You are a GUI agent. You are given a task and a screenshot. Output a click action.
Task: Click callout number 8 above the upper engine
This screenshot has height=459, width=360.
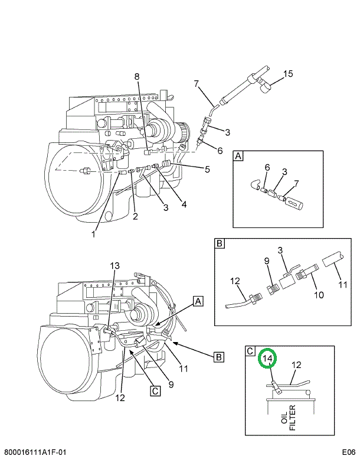click(x=137, y=76)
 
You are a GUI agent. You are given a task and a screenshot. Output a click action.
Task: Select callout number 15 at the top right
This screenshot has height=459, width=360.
click(x=287, y=74)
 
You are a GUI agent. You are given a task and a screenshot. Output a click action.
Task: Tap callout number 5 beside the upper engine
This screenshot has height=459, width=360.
click(x=207, y=170)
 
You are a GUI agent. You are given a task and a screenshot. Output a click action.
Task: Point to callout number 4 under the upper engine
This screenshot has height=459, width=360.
click(x=184, y=205)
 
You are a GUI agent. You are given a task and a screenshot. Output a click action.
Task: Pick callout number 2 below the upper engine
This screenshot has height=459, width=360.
click(x=135, y=216)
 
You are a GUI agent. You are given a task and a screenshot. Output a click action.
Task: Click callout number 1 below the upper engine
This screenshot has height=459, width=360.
click(x=93, y=235)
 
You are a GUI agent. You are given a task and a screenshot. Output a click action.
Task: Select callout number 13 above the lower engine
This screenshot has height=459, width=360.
click(x=114, y=265)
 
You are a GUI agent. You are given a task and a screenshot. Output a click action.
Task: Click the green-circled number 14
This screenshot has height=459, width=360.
click(x=267, y=359)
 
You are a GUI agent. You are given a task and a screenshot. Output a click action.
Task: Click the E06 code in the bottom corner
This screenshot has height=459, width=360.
click(x=346, y=452)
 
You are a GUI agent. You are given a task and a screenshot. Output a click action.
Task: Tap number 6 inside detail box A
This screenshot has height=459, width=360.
click(x=267, y=168)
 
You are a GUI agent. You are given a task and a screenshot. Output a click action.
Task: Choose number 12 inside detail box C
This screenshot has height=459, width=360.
click(x=297, y=365)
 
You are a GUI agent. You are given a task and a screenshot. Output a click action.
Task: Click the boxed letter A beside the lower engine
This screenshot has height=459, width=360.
click(x=198, y=301)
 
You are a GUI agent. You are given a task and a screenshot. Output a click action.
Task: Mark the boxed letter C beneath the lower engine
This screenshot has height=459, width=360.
click(x=155, y=390)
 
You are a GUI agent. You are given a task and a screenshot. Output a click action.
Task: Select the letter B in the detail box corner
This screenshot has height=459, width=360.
click(x=219, y=243)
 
